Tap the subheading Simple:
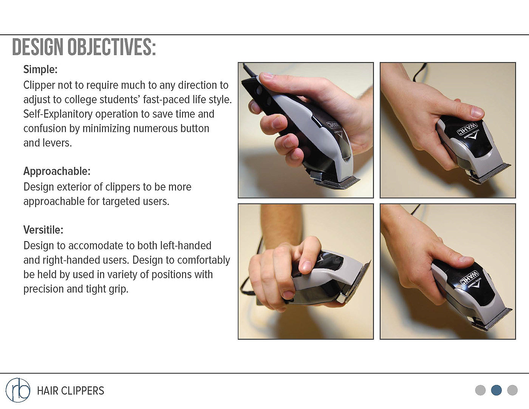40,70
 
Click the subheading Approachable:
57,171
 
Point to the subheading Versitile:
43,230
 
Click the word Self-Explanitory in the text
58,114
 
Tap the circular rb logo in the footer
18,390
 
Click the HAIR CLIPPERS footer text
71,391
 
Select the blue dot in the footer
497,390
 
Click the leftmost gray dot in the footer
480,390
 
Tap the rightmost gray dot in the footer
512,390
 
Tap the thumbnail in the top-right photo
477,112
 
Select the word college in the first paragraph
79,100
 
